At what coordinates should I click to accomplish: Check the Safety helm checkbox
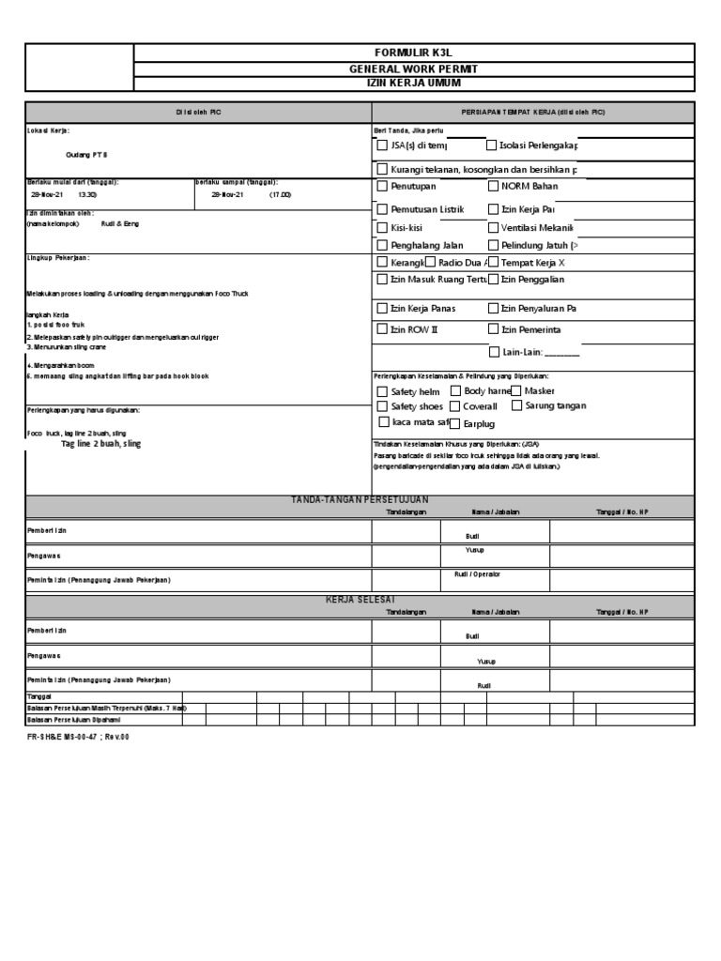(382, 391)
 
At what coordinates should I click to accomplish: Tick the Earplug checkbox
(455, 423)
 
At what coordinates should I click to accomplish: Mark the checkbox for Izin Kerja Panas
(382, 308)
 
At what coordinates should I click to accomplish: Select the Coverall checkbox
(455, 406)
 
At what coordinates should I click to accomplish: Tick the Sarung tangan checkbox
(516, 405)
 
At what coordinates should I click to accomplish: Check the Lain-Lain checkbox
(494, 352)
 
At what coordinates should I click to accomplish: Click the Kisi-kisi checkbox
(382, 228)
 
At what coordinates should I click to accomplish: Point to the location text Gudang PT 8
(87, 154)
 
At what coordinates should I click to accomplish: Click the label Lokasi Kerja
(48, 130)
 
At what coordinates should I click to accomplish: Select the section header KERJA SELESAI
(360, 599)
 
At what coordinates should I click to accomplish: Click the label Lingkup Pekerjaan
(58, 256)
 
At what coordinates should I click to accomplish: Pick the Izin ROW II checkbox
(382, 329)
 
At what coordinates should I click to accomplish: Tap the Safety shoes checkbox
(382, 406)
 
